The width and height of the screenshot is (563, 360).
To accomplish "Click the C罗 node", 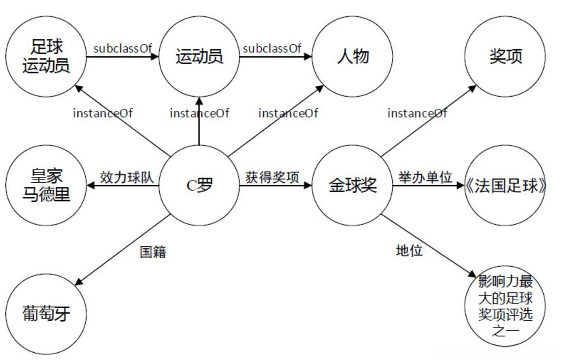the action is click(x=199, y=185).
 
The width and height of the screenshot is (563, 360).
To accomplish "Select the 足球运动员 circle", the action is click(x=46, y=56).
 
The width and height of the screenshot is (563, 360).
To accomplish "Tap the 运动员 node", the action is click(x=199, y=56).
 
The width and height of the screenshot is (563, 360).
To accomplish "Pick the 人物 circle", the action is click(x=352, y=56).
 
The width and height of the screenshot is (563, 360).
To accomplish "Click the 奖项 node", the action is click(x=505, y=56).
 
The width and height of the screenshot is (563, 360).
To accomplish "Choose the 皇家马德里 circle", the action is click(x=46, y=185).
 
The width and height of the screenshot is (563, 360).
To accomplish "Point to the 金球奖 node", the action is click(x=352, y=185).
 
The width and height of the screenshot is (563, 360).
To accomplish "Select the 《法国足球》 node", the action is click(x=505, y=185).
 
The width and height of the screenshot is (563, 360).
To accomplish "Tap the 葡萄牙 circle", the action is click(x=46, y=314).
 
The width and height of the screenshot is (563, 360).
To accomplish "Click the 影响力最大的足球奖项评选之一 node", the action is click(x=505, y=306).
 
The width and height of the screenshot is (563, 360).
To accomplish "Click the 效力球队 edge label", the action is click(x=127, y=177).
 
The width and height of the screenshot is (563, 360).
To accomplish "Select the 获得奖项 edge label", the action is click(x=273, y=177).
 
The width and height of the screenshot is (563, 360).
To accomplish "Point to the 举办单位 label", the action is click(x=425, y=177).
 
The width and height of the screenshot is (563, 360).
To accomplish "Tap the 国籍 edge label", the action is click(x=153, y=252).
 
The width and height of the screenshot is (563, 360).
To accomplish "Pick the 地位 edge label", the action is click(x=409, y=250).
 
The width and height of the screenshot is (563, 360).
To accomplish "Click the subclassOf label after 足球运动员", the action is click(x=123, y=48).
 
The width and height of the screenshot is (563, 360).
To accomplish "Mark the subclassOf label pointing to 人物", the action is click(x=272, y=48).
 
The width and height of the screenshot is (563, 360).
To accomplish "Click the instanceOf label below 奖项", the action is click(x=417, y=113).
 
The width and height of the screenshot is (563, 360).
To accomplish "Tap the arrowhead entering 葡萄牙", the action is click(x=79, y=282).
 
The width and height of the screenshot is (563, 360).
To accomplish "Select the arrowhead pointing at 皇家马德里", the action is click(x=91, y=185).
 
